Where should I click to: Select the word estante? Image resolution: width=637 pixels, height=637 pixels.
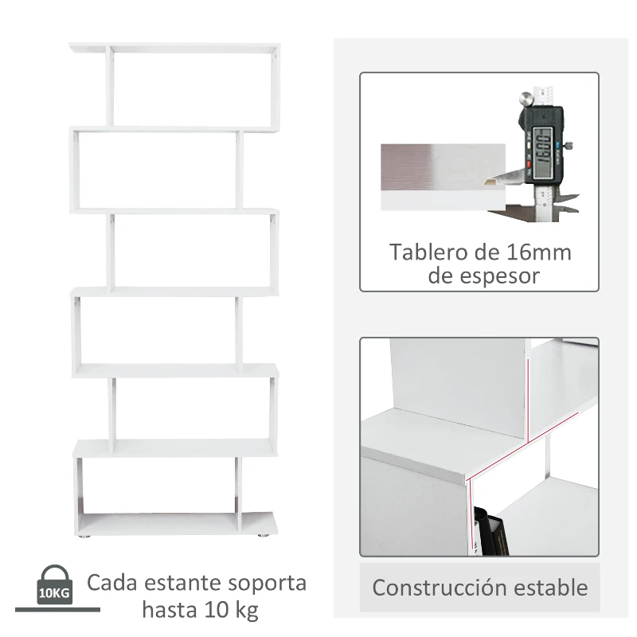[x=180, y=583]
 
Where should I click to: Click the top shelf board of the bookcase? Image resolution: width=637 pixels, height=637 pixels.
[x=175, y=48]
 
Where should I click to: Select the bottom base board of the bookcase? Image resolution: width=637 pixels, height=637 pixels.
[x=177, y=523]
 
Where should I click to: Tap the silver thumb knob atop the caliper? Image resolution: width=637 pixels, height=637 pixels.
[x=526, y=99]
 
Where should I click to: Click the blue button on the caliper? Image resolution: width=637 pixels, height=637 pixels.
[x=569, y=145]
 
